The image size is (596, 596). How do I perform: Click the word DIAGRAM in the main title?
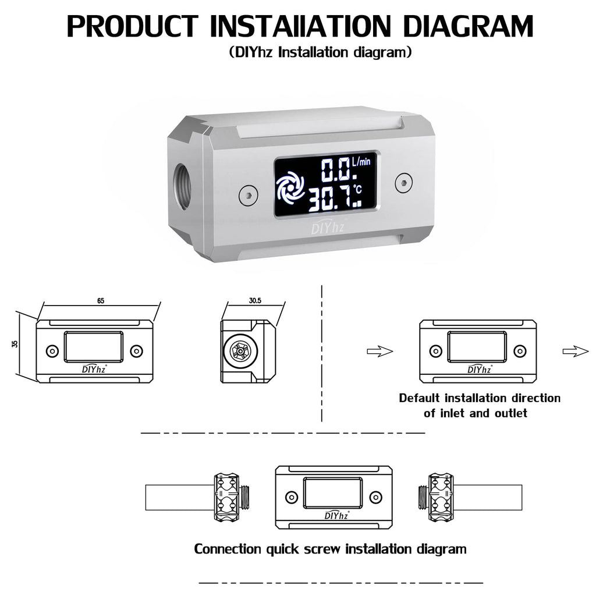coord(469,27)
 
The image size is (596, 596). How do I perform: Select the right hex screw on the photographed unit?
coord(404,183)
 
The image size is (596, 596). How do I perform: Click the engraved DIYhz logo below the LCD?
coord(328,228)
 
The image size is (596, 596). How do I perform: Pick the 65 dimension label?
coord(100,301)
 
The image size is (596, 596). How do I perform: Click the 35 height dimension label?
coord(15,343)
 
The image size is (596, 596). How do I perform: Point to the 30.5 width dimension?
coord(255,301)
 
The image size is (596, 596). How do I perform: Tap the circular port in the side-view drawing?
coord(240,352)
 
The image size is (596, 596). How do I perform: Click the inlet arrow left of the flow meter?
coord(379,352)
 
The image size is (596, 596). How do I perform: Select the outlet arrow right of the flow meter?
coord(576,351)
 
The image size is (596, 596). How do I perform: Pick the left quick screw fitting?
coord(231,498)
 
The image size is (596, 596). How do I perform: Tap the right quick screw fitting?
coord(436,498)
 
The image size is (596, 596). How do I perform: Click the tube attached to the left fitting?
coord(180,498)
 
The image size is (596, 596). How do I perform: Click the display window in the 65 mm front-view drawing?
coord(94,347)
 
